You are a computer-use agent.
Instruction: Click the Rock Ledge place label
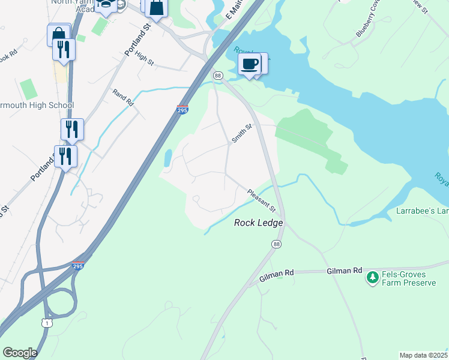pyautogui.click(x=258, y=223)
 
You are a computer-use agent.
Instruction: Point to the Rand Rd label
pyautogui.click(x=122, y=97)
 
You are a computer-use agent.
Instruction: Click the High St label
pyautogui.click(x=145, y=58)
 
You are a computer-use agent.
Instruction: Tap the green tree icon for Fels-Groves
pyautogui.click(x=372, y=277)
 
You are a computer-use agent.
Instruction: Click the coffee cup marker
pyautogui.click(x=249, y=64)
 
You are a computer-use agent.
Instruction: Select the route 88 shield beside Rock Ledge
pyautogui.click(x=276, y=244)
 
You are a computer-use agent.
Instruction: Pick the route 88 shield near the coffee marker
pyautogui.click(x=218, y=76)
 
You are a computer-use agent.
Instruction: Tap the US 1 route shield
pyautogui.click(x=46, y=323)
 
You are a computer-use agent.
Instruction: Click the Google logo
pyautogui.click(x=20, y=353)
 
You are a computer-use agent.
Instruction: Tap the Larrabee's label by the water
pyautogui.click(x=423, y=211)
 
